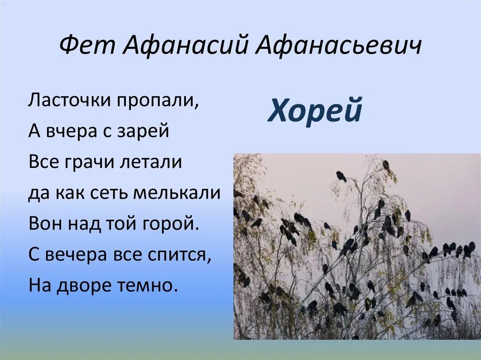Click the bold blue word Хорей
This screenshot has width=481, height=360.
point(315,111)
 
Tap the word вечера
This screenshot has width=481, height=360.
point(74,254)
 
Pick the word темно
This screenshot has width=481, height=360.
point(149,284)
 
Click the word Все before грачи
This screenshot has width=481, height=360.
point(43,162)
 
